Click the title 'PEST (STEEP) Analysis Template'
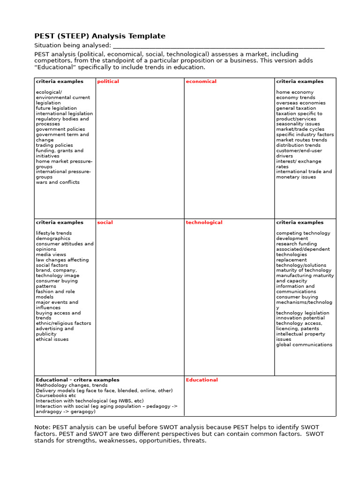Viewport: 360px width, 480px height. click(x=100, y=36)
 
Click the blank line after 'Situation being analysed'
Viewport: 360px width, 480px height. click(x=218, y=45)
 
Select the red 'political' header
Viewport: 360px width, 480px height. click(x=108, y=82)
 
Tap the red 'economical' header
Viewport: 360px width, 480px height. click(x=201, y=82)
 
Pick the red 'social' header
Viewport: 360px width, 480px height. click(x=105, y=223)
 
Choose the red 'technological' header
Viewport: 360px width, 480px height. click(x=204, y=223)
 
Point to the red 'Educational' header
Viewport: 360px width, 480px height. click(x=202, y=380)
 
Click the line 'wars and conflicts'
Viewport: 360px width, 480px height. click(x=58, y=182)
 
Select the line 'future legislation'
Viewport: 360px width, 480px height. click(x=56, y=108)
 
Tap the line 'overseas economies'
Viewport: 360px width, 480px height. click(x=300, y=103)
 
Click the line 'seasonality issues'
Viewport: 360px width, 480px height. click(x=298, y=124)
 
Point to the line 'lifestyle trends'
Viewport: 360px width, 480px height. click(x=54, y=233)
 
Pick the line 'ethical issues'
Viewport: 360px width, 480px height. click(x=52, y=339)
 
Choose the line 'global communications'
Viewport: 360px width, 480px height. click(x=304, y=345)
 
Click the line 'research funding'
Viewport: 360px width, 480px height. click(x=296, y=244)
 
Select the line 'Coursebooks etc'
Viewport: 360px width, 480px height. click(x=56, y=396)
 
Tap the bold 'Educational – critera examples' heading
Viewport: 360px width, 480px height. click(x=78, y=380)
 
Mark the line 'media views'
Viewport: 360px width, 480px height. click(x=51, y=255)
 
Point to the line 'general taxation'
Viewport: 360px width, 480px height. click(x=296, y=108)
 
